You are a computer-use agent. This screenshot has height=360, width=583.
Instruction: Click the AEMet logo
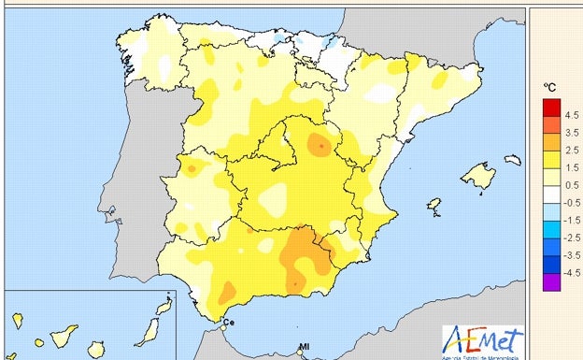click(x=483, y=340)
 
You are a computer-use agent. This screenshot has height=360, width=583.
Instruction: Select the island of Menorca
click(x=513, y=160)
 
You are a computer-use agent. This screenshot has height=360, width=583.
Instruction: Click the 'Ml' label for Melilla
click(x=304, y=348)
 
